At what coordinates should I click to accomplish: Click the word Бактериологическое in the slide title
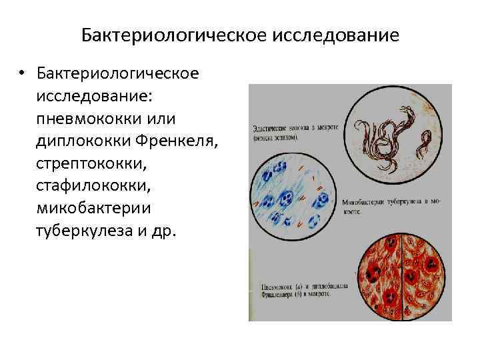174,34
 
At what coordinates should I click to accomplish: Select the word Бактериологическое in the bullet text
118,72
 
